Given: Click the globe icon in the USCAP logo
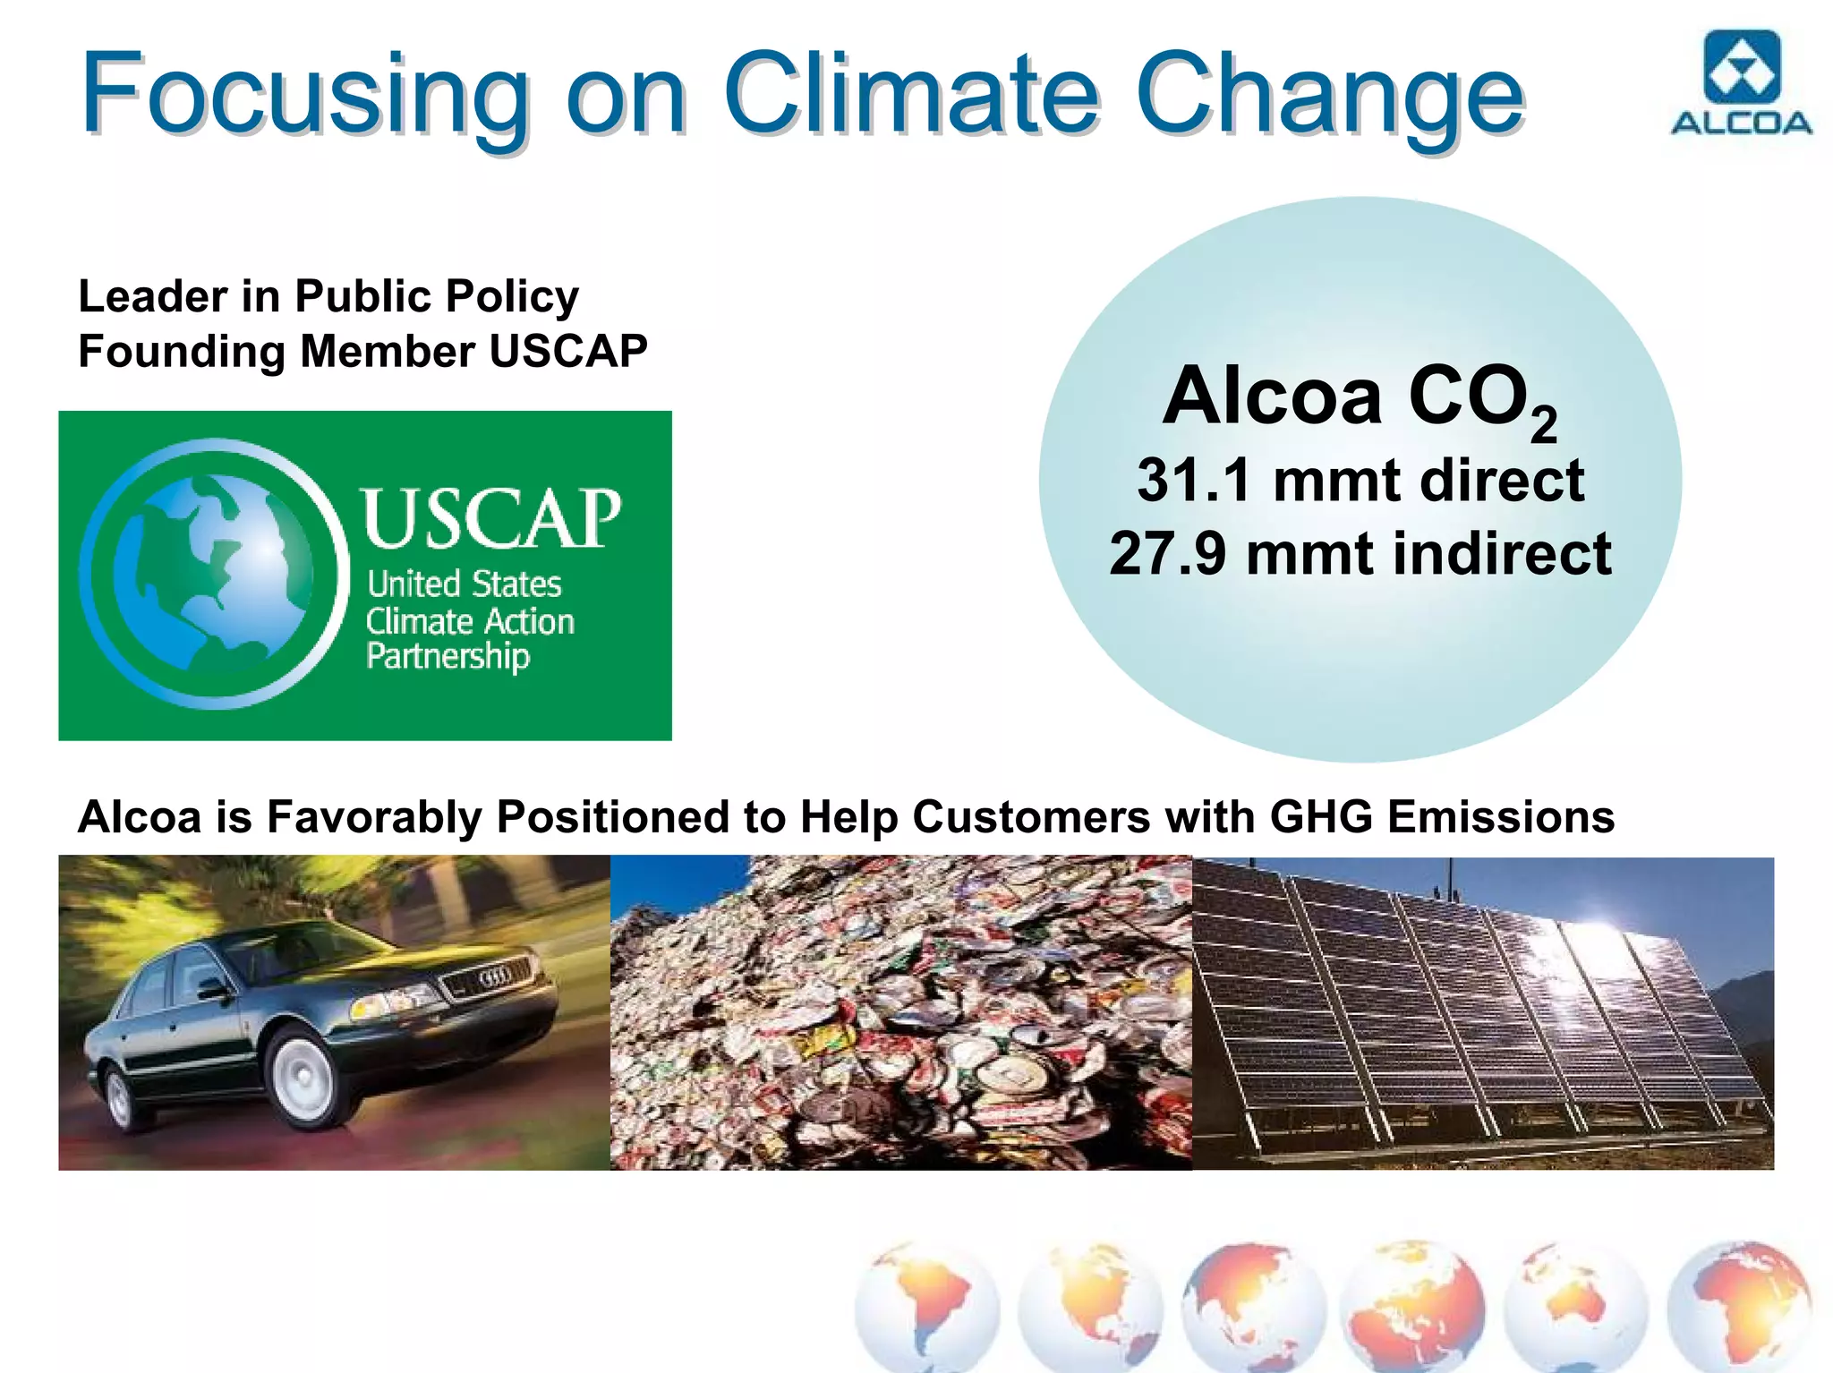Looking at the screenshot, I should point(215,574).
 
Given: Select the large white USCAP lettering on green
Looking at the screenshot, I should point(490,518).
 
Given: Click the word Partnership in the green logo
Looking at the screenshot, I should point(448,656).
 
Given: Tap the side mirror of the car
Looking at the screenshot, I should point(215,990).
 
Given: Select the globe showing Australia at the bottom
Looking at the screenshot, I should point(1575,1307).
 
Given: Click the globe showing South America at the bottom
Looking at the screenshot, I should point(926,1307).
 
